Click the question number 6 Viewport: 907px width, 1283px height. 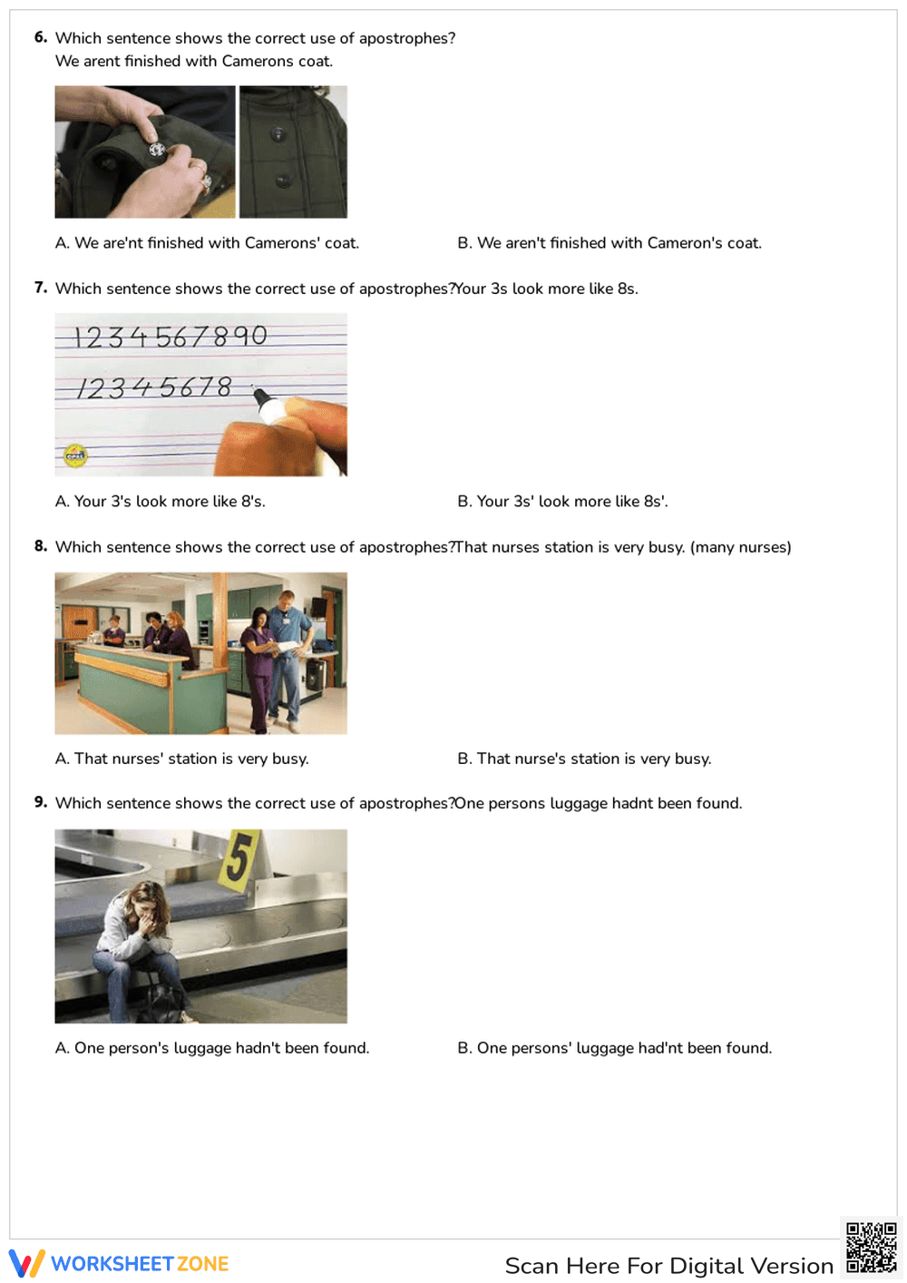point(41,37)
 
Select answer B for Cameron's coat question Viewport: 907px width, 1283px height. point(610,243)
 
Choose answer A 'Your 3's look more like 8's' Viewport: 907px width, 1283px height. point(161,502)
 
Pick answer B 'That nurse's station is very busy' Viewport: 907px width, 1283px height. point(584,759)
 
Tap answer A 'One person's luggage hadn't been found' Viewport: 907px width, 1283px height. point(212,1048)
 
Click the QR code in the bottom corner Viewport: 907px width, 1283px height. point(871,1249)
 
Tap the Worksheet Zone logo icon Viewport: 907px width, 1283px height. point(26,1263)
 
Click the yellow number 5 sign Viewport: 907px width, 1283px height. point(239,857)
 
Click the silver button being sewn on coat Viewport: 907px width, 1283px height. point(156,149)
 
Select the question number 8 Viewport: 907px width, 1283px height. point(41,546)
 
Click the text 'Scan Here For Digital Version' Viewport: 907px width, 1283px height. point(668,1266)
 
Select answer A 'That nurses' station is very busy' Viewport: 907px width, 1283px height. point(182,759)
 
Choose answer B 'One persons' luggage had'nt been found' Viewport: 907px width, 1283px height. point(614,1048)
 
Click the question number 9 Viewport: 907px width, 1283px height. point(41,802)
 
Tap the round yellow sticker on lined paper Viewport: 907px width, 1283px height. point(75,455)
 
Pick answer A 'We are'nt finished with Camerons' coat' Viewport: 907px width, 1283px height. point(207,243)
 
